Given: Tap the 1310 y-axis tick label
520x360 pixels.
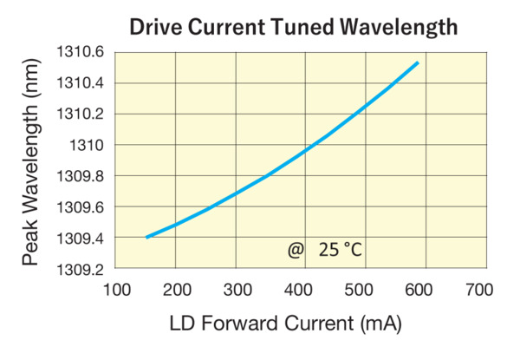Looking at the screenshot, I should (87, 145).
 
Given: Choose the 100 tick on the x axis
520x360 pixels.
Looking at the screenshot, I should (116, 289).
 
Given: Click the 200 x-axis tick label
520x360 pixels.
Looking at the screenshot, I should (177, 289).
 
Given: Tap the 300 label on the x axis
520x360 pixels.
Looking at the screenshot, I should (237, 289).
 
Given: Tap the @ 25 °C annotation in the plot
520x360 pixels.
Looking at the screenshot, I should (324, 251).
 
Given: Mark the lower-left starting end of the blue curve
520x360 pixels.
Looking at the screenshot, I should (147, 237).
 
